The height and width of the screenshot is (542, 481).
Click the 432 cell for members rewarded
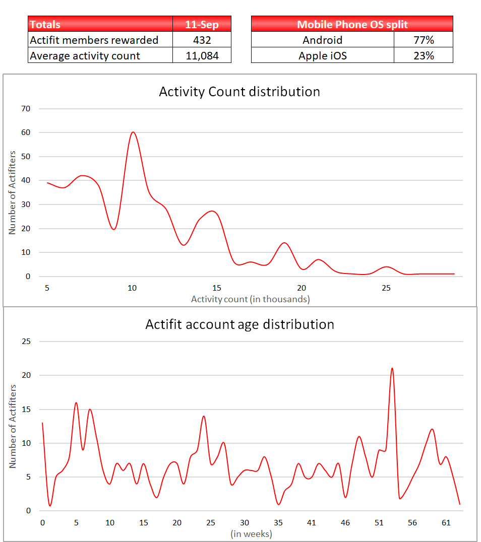(x=202, y=40)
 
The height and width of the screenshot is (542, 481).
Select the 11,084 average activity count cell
(x=202, y=55)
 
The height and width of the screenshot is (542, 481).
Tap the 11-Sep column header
(x=202, y=24)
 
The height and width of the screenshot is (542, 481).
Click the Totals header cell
(x=100, y=24)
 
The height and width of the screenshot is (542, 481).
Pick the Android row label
(x=322, y=40)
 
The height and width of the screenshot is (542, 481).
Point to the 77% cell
(x=423, y=40)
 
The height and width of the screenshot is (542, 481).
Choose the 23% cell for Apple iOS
(x=423, y=55)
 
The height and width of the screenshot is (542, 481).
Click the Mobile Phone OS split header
(x=352, y=24)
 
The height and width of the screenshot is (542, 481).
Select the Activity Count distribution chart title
(x=239, y=92)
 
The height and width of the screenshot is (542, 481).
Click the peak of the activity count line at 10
(x=133, y=132)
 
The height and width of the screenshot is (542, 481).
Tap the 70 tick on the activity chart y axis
(x=26, y=109)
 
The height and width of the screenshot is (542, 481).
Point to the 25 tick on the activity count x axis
(x=386, y=288)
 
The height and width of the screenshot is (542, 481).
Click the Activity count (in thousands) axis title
(x=250, y=299)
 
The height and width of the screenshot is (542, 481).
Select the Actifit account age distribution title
(x=239, y=324)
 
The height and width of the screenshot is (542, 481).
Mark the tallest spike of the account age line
(x=392, y=368)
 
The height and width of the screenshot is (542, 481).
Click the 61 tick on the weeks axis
(x=446, y=523)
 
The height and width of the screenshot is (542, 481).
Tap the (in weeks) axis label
(x=251, y=533)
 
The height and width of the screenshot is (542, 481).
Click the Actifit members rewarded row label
(x=94, y=40)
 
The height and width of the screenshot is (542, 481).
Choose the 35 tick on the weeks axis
(x=278, y=523)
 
